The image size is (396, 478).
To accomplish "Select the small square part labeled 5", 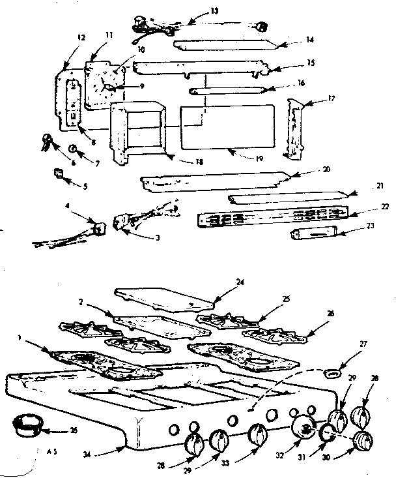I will click(58, 173).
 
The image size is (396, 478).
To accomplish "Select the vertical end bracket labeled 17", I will click(296, 130).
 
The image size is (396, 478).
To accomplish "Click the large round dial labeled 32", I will click(302, 429).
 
